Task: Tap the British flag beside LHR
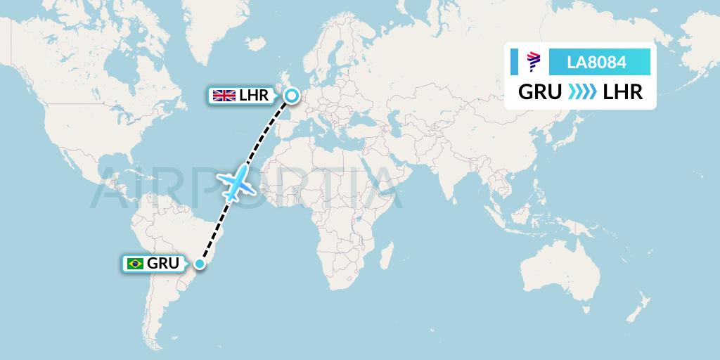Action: pos(224,96)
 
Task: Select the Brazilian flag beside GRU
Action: pos(134,264)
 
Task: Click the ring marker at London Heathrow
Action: pos(290,94)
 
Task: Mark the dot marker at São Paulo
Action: pos(200,264)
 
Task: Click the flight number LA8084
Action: pos(596,63)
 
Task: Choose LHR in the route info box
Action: pos(623,92)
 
